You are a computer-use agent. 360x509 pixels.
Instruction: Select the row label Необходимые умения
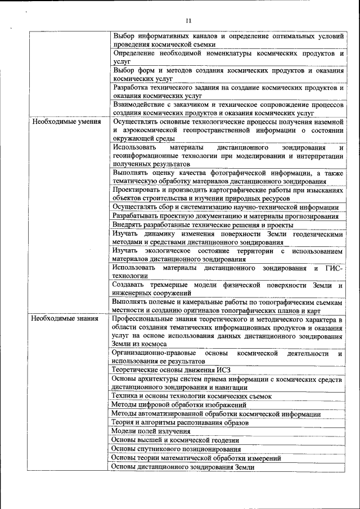(x=66, y=121)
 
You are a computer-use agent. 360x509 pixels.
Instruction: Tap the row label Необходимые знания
(x=65, y=319)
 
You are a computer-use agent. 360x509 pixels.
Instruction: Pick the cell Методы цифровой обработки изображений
(x=179, y=405)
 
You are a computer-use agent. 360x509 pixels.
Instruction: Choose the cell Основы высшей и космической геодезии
(x=175, y=440)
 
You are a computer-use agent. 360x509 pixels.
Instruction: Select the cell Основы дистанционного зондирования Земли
(x=183, y=467)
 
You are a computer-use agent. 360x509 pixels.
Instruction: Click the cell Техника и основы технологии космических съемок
(x=191, y=397)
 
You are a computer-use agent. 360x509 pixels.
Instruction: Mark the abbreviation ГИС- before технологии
(x=336, y=268)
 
